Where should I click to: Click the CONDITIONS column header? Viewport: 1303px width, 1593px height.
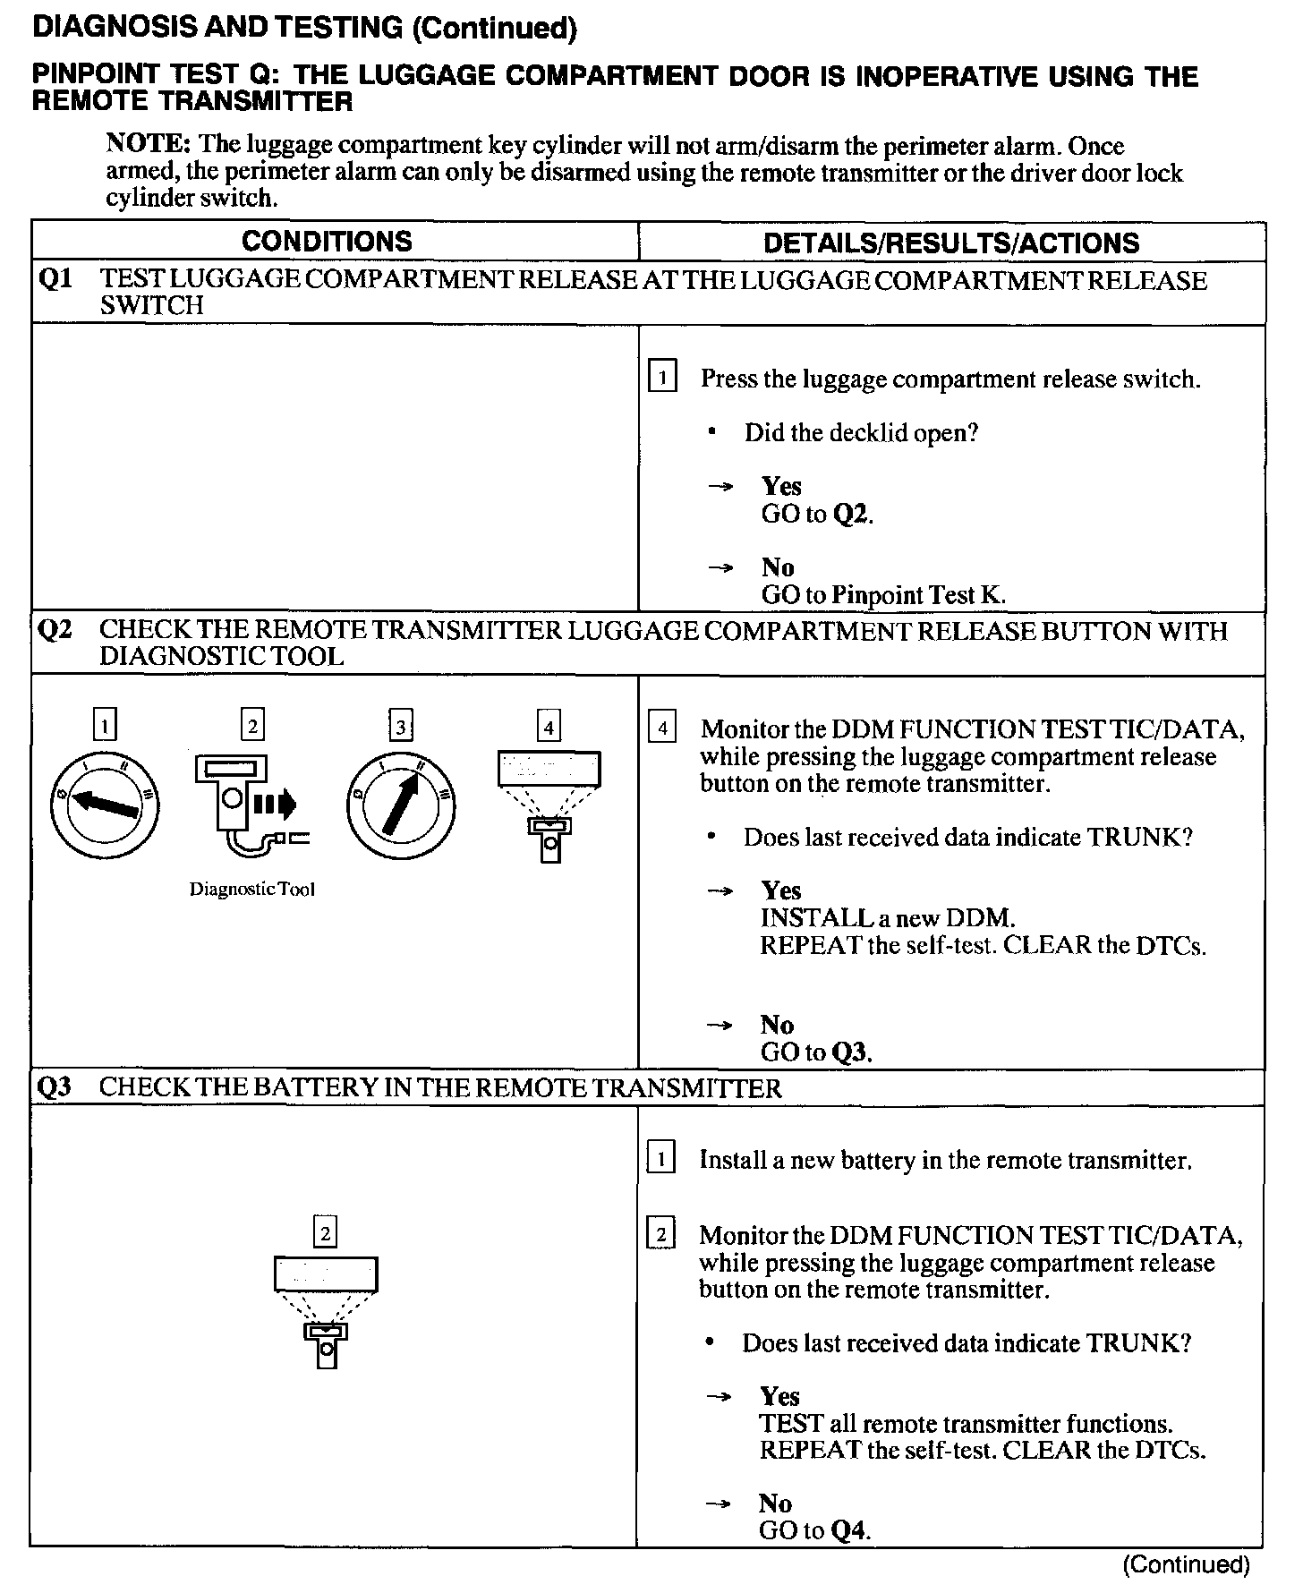pyautogui.click(x=327, y=242)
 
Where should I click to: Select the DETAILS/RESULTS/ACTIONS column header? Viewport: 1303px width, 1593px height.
pyautogui.click(x=951, y=243)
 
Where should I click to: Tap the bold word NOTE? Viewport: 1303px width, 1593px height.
pyautogui.click(x=148, y=144)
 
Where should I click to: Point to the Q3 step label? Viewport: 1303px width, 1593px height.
pyautogui.click(x=55, y=1088)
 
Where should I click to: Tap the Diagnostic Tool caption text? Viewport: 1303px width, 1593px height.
pyautogui.click(x=252, y=890)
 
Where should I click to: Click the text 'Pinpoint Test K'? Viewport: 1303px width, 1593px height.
pyautogui.click(x=918, y=595)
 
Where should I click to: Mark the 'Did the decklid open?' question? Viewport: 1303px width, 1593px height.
pyautogui.click(x=861, y=433)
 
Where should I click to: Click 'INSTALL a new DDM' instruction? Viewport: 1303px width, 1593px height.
pyautogui.click(x=887, y=918)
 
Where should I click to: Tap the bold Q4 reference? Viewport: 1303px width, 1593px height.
pyautogui.click(x=849, y=1530)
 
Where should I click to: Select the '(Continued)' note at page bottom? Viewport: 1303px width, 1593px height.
pyautogui.click(x=1186, y=1564)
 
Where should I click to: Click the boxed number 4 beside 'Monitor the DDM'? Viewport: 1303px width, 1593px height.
pyautogui.click(x=662, y=728)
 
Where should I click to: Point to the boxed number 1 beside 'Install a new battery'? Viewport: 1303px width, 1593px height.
pyautogui.click(x=660, y=1160)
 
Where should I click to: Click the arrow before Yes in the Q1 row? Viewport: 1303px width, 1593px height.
pyautogui.click(x=720, y=487)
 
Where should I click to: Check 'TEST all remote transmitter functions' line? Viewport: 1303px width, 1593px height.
pyautogui.click(x=966, y=1424)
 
